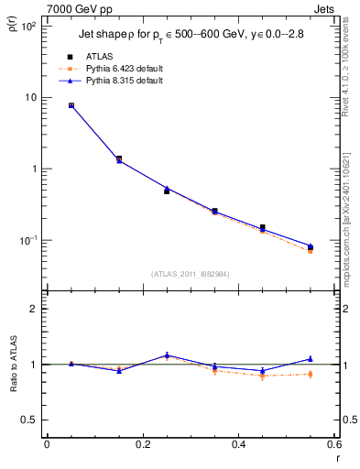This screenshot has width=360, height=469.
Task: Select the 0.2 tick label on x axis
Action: [142, 446]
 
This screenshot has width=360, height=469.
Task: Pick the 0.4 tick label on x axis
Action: [238, 446]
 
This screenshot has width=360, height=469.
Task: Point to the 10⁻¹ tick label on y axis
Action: [28, 240]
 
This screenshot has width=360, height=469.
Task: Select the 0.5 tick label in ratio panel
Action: [30, 420]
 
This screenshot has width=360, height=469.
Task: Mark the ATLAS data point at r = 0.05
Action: [71, 105]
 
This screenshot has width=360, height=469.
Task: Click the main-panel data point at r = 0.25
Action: [167, 191]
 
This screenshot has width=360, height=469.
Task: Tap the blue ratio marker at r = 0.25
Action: [167, 354]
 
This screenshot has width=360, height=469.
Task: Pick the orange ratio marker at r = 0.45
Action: [262, 376]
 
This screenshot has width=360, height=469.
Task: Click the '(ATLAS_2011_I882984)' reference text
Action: [190, 273]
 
